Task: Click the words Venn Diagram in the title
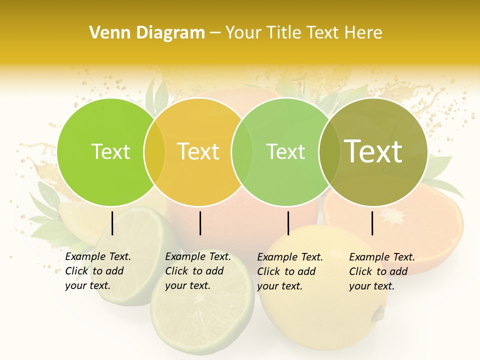coord(147,33)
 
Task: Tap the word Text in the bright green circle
coord(110,151)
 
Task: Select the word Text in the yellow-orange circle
coord(198,151)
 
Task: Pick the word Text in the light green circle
coord(285,151)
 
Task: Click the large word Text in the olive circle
coord(373,151)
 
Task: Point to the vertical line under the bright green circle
coord(112,223)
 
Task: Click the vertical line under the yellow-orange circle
coord(200,223)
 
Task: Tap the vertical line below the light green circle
coord(288,223)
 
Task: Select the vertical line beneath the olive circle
coord(372,223)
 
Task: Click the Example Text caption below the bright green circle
coord(98,271)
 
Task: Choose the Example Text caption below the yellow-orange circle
coord(198,271)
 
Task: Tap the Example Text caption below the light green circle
coord(290,271)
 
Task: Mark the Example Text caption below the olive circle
coord(382,271)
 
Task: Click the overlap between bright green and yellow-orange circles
coord(154,151)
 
